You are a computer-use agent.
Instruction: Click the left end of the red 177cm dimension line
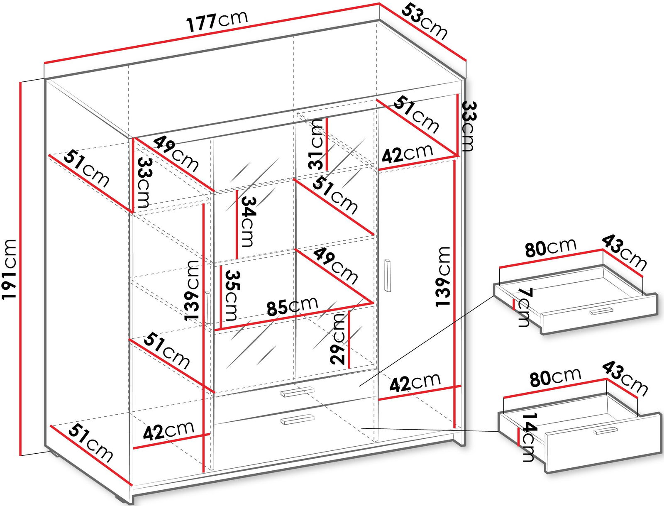(44, 63)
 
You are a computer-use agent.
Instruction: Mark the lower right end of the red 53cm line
(466, 60)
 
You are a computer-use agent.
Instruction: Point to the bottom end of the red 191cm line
(21, 455)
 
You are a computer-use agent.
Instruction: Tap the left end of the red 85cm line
(215, 329)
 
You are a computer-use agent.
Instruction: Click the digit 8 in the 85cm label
(272, 308)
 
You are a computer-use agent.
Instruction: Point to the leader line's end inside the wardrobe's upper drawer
(359, 386)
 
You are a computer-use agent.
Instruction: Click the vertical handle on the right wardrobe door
(388, 276)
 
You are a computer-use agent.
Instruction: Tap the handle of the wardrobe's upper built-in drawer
(297, 391)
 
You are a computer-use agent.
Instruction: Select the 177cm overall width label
(217, 21)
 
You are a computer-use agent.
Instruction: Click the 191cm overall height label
(9, 269)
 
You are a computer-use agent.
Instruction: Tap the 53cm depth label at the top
(425, 21)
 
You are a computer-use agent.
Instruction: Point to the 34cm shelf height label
(248, 222)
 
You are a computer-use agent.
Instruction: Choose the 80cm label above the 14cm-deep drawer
(555, 377)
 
